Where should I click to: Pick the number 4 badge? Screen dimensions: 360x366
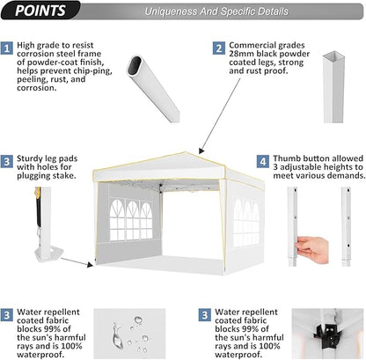coord(262,162)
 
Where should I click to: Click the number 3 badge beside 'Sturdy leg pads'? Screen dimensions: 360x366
coord(7,162)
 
